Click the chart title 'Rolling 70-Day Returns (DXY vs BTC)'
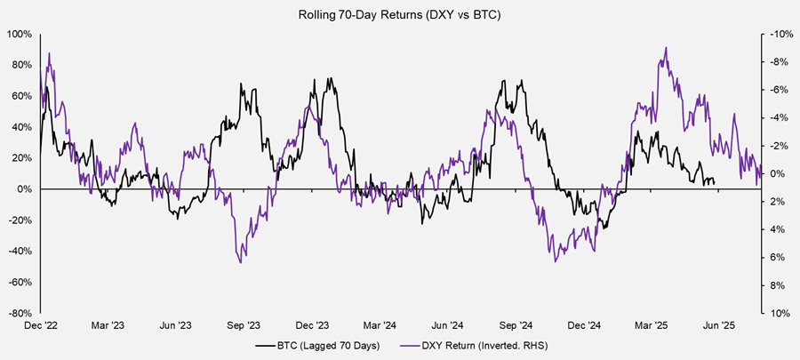click(400, 13)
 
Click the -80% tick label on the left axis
click(20, 313)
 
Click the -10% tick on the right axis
click(779, 34)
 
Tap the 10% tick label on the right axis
click(780, 313)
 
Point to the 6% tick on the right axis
click(777, 258)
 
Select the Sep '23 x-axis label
click(244, 326)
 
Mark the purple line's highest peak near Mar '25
click(666, 48)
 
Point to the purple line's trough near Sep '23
click(240, 262)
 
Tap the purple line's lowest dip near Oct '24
click(556, 261)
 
